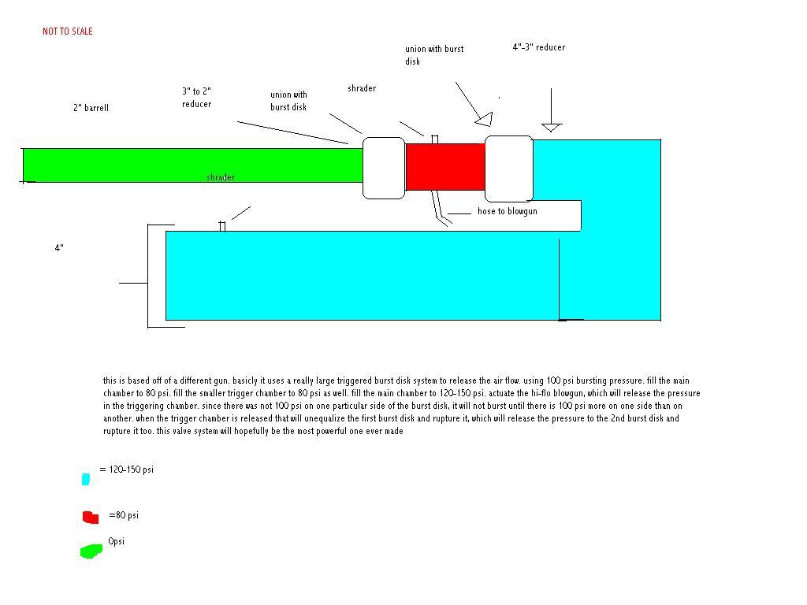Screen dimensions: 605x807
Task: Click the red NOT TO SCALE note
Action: pyautogui.click(x=68, y=32)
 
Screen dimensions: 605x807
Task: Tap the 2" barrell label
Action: pyautogui.click(x=91, y=108)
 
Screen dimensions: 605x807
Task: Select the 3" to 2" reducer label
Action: pyautogui.click(x=196, y=98)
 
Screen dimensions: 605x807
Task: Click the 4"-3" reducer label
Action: pyautogui.click(x=538, y=47)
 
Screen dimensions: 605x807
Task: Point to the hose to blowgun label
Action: pyautogui.click(x=508, y=211)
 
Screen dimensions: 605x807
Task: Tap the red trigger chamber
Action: pyautogui.click(x=444, y=166)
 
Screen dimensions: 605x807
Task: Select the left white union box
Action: pyautogui.click(x=384, y=167)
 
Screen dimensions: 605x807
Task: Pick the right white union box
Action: pyautogui.click(x=508, y=168)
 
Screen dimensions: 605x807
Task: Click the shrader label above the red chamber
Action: pyautogui.click(x=362, y=88)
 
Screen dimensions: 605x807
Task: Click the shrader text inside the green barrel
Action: pyautogui.click(x=221, y=177)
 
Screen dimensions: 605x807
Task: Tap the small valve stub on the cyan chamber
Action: pyautogui.click(x=222, y=226)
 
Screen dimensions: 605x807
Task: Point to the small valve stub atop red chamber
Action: pyautogui.click(x=435, y=139)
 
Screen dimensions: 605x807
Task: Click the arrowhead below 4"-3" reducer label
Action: pyautogui.click(x=551, y=127)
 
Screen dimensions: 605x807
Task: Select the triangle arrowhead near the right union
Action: pyautogui.click(x=484, y=120)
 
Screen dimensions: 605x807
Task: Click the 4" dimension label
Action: pyautogui.click(x=59, y=248)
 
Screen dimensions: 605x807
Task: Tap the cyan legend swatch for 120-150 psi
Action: pyautogui.click(x=85, y=478)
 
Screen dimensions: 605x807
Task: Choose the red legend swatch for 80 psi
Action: pyautogui.click(x=91, y=517)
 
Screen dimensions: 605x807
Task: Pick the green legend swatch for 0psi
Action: pyautogui.click(x=91, y=551)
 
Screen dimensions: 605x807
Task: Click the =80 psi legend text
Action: pyautogui.click(x=124, y=515)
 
